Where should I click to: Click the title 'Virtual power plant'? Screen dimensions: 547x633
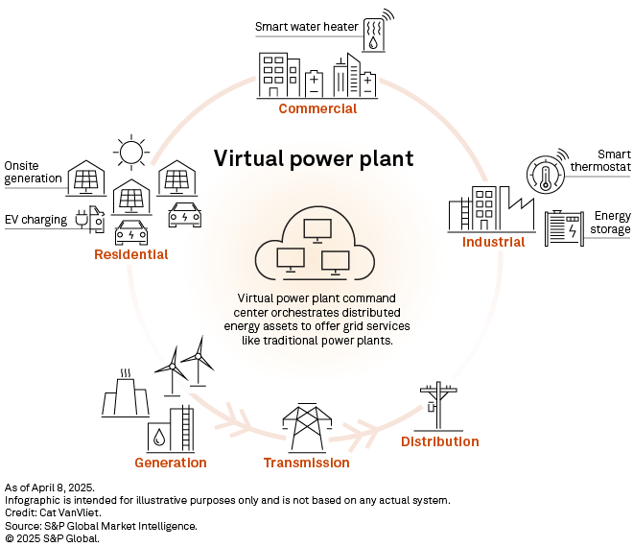(313, 158)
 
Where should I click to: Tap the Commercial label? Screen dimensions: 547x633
(317, 108)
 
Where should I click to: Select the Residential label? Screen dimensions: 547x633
(130, 254)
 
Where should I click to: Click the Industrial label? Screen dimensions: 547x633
(493, 242)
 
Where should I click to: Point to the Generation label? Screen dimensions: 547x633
(171, 463)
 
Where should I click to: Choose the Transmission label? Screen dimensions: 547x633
(307, 463)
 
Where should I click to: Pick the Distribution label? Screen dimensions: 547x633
(439, 441)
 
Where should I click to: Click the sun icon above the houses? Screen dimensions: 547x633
(130, 151)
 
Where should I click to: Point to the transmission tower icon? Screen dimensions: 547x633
(306, 426)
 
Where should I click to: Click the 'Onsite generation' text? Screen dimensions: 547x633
(33, 172)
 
